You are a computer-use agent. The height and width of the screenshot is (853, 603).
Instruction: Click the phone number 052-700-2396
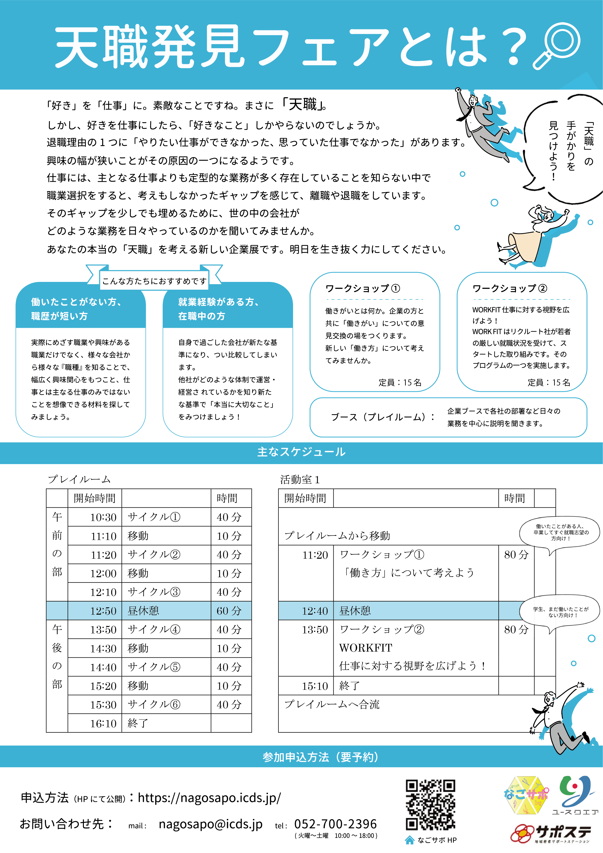[335, 824]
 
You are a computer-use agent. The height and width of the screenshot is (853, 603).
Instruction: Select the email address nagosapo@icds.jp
[211, 824]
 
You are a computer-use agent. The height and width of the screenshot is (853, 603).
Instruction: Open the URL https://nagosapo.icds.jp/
[209, 797]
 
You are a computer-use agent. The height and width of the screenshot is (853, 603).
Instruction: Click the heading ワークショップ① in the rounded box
[363, 288]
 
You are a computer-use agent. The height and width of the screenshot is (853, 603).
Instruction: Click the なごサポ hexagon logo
[526, 795]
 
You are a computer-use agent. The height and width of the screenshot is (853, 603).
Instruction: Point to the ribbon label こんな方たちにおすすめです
[154, 281]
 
